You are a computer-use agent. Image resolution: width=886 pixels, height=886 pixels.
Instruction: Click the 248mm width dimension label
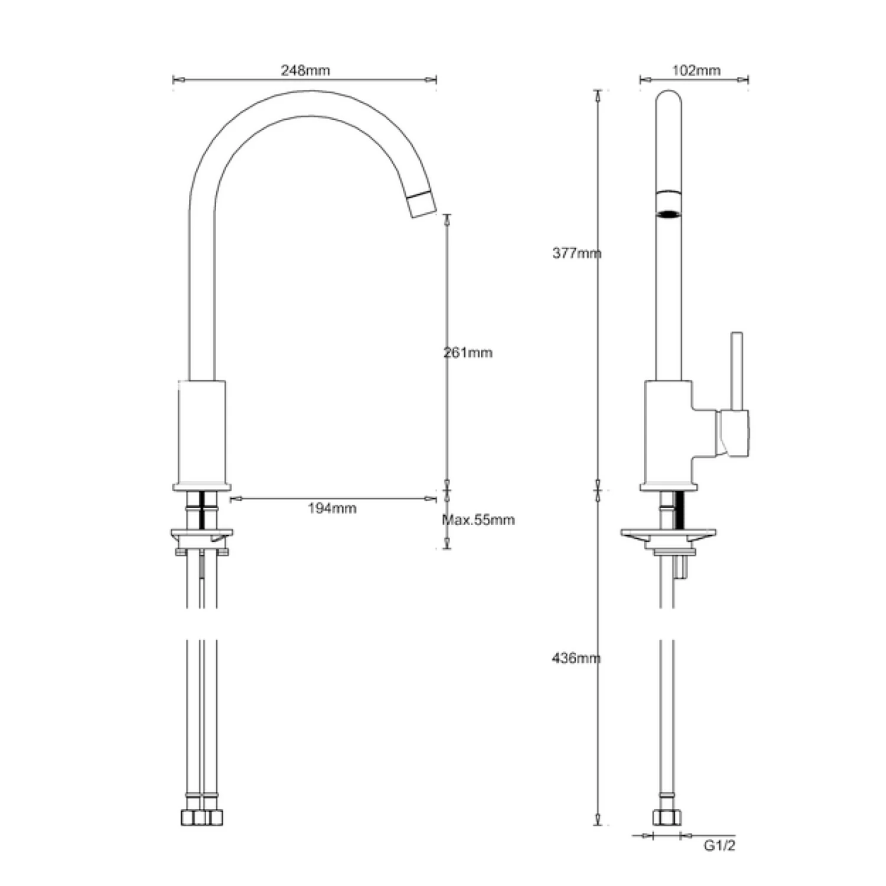[x=305, y=70]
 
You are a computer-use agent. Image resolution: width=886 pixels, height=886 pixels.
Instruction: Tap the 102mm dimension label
[x=696, y=70]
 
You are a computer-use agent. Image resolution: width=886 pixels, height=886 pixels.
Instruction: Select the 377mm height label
[x=576, y=253]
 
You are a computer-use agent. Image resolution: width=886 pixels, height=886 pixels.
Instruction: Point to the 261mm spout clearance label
[x=468, y=353]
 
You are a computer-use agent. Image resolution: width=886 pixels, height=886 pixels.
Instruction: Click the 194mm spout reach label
[x=332, y=508]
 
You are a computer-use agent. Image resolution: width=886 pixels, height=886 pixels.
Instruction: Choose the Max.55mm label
[x=478, y=520]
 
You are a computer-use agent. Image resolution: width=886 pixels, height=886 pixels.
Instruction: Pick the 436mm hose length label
[x=576, y=657]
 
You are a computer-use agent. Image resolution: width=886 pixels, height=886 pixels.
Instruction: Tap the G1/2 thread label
[x=719, y=845]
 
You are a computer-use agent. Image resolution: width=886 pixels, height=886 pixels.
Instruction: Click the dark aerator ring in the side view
[x=669, y=213]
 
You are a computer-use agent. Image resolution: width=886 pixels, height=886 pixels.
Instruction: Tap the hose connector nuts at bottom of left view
[x=201, y=817]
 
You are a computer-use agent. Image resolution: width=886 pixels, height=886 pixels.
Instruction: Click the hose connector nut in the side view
[x=667, y=817]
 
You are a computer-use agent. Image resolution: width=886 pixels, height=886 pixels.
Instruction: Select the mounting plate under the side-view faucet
[x=668, y=534]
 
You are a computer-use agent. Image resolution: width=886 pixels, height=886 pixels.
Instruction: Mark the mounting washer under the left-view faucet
[x=201, y=534]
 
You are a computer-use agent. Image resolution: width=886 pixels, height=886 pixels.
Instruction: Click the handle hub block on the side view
[x=732, y=433]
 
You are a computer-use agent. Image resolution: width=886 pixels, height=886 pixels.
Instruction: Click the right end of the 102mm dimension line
[x=747, y=79]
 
